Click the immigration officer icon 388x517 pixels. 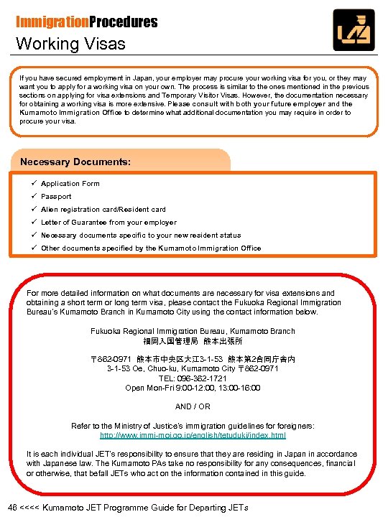point(353,29)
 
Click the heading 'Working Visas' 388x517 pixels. point(71,44)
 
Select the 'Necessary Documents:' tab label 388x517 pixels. point(75,162)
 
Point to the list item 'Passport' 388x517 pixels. point(56,197)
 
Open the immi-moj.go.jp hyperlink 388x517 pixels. point(193,435)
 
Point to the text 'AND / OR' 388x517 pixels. point(193,406)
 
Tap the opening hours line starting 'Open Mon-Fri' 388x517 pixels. point(193,388)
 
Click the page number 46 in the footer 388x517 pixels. point(12,508)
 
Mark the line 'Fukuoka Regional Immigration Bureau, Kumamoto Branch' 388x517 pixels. point(193,331)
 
